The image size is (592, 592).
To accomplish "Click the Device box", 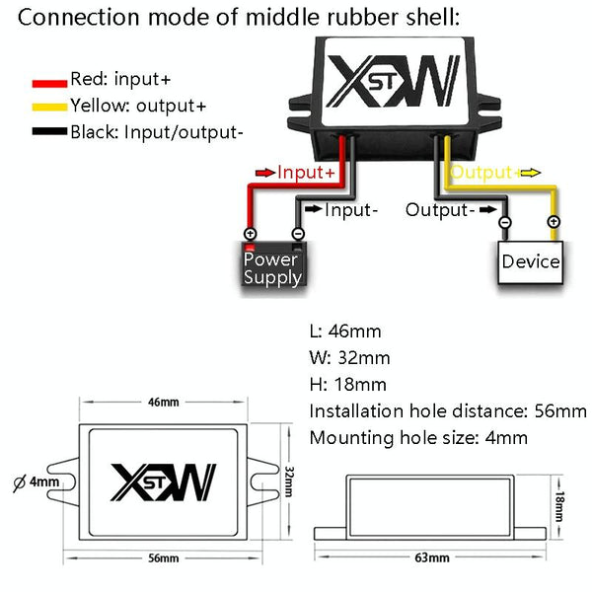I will [531, 261].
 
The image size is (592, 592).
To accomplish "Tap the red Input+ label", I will [312, 173].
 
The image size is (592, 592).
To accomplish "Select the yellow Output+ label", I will [482, 173].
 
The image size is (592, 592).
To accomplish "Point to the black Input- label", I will [351, 209].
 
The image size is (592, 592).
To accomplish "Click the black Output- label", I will [440, 209].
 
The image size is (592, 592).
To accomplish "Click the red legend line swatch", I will [48, 80].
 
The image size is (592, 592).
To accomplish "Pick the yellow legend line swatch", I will [48, 106].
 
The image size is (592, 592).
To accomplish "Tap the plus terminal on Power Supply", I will [250, 234].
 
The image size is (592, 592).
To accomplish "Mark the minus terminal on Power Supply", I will [297, 234].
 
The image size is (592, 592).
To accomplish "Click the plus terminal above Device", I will [554, 222].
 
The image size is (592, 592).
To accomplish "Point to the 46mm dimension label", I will [163, 403].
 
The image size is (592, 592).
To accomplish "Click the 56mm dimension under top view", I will [163, 558].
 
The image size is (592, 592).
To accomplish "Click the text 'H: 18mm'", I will [348, 385].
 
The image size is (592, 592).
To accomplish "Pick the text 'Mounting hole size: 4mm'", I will [418, 438].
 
